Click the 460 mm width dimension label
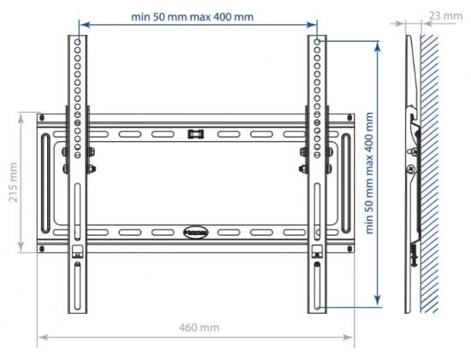(x=199, y=328)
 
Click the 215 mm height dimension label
(x=13, y=182)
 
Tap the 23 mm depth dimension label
(x=445, y=15)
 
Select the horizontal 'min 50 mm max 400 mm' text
(x=192, y=16)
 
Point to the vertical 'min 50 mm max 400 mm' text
(x=369, y=173)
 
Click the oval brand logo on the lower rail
(x=196, y=232)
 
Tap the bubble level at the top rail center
(x=196, y=133)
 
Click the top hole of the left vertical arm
(x=78, y=41)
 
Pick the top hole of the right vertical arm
(x=317, y=41)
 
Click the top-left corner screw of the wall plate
(x=42, y=116)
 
